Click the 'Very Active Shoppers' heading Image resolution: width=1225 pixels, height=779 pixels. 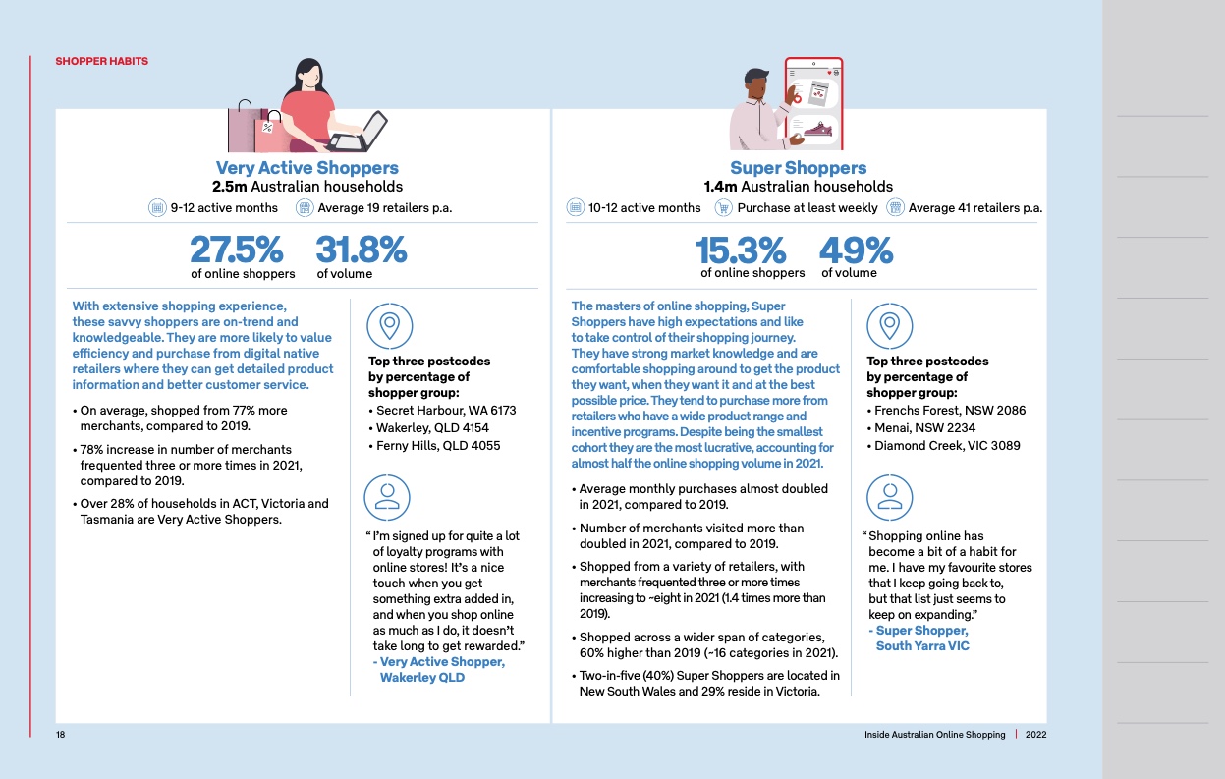(x=306, y=168)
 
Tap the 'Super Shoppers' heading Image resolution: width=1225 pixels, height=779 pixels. (x=798, y=168)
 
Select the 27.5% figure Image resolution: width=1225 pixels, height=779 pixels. (x=236, y=250)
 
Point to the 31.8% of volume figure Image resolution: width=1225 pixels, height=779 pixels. (x=361, y=250)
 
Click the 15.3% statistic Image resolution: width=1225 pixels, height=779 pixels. (x=740, y=250)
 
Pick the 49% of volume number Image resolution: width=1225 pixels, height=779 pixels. (x=856, y=250)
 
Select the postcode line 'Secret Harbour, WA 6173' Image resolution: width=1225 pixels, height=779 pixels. (x=445, y=410)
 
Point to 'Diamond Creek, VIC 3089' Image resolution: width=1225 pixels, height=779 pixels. (x=947, y=445)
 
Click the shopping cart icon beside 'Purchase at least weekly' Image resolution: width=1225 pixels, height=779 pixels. (x=724, y=207)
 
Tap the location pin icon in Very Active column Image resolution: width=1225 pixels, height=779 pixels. (x=389, y=324)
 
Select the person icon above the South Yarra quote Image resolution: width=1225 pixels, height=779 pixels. (x=889, y=496)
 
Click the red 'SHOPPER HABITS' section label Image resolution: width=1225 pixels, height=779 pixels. (x=101, y=61)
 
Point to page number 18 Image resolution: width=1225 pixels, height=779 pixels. (x=60, y=735)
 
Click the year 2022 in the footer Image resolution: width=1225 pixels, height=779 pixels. (x=1036, y=735)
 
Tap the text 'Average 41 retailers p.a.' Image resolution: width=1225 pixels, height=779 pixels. (x=974, y=207)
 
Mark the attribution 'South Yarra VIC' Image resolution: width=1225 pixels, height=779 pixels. (x=921, y=646)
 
